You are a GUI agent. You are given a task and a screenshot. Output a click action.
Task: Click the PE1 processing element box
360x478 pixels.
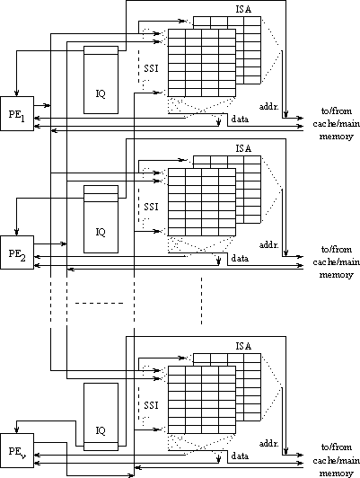click(x=17, y=114)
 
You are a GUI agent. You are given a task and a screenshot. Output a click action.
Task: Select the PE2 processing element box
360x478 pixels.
click(x=17, y=252)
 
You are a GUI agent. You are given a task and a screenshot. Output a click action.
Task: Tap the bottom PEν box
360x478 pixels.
click(x=17, y=450)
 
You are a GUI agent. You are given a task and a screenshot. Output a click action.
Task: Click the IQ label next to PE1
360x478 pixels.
click(x=101, y=93)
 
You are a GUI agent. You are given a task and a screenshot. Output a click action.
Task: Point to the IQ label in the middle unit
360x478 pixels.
click(x=101, y=233)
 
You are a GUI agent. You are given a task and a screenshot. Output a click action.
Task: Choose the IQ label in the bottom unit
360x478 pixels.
click(x=101, y=430)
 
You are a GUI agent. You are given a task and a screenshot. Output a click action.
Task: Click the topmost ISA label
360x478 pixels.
click(x=243, y=10)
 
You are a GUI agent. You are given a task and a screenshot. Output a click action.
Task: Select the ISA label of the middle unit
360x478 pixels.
click(x=243, y=148)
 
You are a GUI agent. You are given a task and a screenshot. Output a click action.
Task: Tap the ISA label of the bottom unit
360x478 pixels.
click(x=243, y=346)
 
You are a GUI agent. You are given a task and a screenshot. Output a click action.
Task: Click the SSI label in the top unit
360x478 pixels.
click(x=152, y=68)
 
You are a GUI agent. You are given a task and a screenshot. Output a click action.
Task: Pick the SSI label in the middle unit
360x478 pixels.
click(x=152, y=207)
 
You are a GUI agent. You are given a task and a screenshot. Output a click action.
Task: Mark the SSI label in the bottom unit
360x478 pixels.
click(x=152, y=405)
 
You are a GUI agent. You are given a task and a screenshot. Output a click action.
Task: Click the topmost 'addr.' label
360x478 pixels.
click(x=269, y=107)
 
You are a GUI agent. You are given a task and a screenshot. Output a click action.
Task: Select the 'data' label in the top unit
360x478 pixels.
click(x=240, y=119)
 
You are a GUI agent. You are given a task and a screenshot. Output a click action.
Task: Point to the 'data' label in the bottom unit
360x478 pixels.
click(x=240, y=456)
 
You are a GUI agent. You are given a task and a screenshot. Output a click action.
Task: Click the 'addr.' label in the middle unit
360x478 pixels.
click(x=269, y=244)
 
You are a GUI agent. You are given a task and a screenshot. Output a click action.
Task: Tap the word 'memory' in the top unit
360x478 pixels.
click(x=337, y=137)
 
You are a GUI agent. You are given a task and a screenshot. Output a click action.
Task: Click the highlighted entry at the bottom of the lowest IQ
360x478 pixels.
click(x=101, y=447)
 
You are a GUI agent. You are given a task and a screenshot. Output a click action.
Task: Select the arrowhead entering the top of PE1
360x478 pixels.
click(x=17, y=93)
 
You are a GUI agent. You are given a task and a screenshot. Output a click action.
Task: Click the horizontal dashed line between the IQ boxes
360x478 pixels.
click(x=100, y=303)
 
